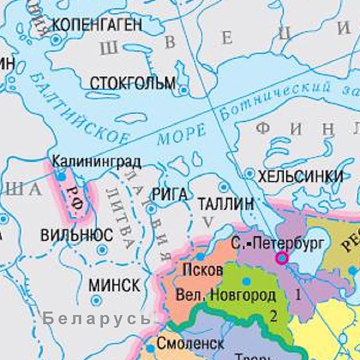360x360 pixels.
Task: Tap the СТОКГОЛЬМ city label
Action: [132, 83]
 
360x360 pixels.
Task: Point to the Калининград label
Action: [96, 162]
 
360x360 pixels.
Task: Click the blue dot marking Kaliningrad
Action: [61, 177]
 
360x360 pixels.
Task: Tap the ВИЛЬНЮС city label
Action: [77, 236]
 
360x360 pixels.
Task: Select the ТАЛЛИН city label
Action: [226, 204]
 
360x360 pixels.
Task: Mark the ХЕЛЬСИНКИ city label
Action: [301, 176]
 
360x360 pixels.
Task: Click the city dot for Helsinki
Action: [250, 174]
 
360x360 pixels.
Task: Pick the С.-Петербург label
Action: [278, 243]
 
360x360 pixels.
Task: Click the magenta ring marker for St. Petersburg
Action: [282, 258]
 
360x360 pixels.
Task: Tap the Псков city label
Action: [203, 270]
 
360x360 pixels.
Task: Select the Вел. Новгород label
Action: [225, 296]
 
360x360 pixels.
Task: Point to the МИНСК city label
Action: [114, 286]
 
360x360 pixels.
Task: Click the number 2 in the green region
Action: [274, 316]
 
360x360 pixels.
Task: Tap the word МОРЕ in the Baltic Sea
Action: [182, 135]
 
